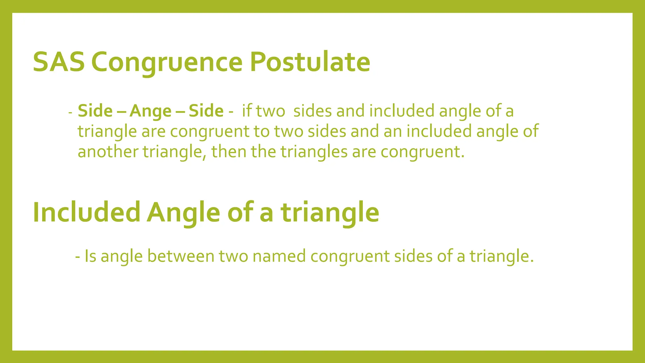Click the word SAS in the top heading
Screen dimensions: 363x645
(59, 62)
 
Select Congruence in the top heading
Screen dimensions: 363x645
(167, 62)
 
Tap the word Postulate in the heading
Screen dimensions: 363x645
(310, 62)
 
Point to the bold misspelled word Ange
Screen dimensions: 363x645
(151, 111)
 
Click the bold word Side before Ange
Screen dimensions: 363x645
(95, 111)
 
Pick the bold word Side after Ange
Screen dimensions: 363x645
(206, 111)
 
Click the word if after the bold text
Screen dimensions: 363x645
(247, 111)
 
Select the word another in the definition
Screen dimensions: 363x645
(108, 152)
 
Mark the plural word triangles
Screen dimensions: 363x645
(314, 152)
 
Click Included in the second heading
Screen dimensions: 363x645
(86, 212)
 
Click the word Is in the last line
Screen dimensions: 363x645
(90, 256)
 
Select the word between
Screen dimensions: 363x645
(181, 256)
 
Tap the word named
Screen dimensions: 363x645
(279, 256)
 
